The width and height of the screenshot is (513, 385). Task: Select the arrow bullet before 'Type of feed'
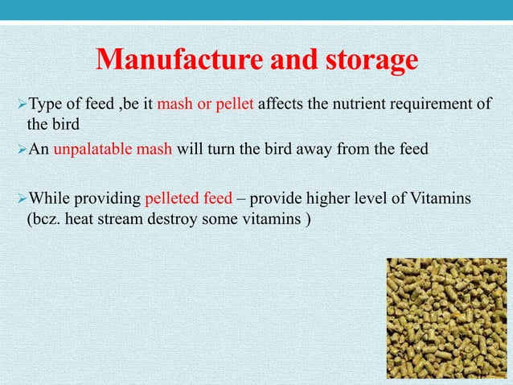click(21, 104)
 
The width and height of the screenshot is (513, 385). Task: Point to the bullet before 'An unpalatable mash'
click(21, 149)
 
